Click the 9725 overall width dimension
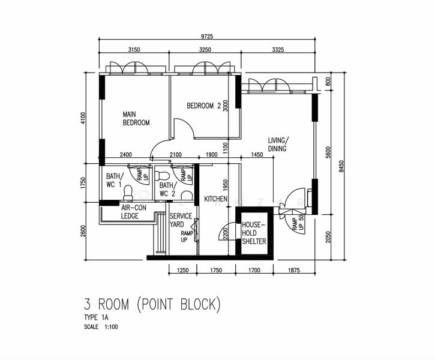coord(206,37)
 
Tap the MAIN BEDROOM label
coord(136,118)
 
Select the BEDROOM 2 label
coord(204,106)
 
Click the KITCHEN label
coord(215,199)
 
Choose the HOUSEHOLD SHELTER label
coord(254,233)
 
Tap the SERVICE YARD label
coord(181,220)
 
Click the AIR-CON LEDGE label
coord(133,212)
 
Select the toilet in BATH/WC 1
coord(128,192)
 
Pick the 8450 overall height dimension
coord(341,166)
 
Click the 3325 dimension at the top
coord(278,50)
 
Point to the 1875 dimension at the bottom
coord(294,270)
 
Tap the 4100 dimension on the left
coord(83,118)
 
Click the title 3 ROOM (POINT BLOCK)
coord(152,304)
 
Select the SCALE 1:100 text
coord(101,327)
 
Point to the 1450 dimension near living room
coord(257,155)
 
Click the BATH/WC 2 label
coord(167,190)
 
